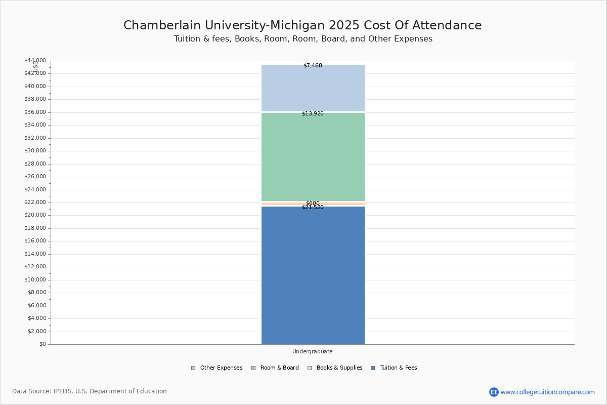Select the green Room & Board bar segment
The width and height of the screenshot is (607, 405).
[313, 157]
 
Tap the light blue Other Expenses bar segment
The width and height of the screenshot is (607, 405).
[313, 89]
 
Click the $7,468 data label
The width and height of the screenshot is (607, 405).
[313, 66]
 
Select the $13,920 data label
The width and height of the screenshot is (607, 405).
[313, 114]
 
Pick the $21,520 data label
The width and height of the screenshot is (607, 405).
[313, 208]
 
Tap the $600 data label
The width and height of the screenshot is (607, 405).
[313, 203]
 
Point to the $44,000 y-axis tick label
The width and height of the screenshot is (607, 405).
[35, 61]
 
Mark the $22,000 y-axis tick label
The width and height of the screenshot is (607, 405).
[35, 202]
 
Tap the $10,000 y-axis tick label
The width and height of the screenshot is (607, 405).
[35, 280]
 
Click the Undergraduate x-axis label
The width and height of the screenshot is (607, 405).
[313, 352]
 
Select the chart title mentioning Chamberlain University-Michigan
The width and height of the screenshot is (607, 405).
[302, 26]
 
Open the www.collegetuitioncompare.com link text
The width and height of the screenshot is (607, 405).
[547, 392]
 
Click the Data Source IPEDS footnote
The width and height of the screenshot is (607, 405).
[90, 391]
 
